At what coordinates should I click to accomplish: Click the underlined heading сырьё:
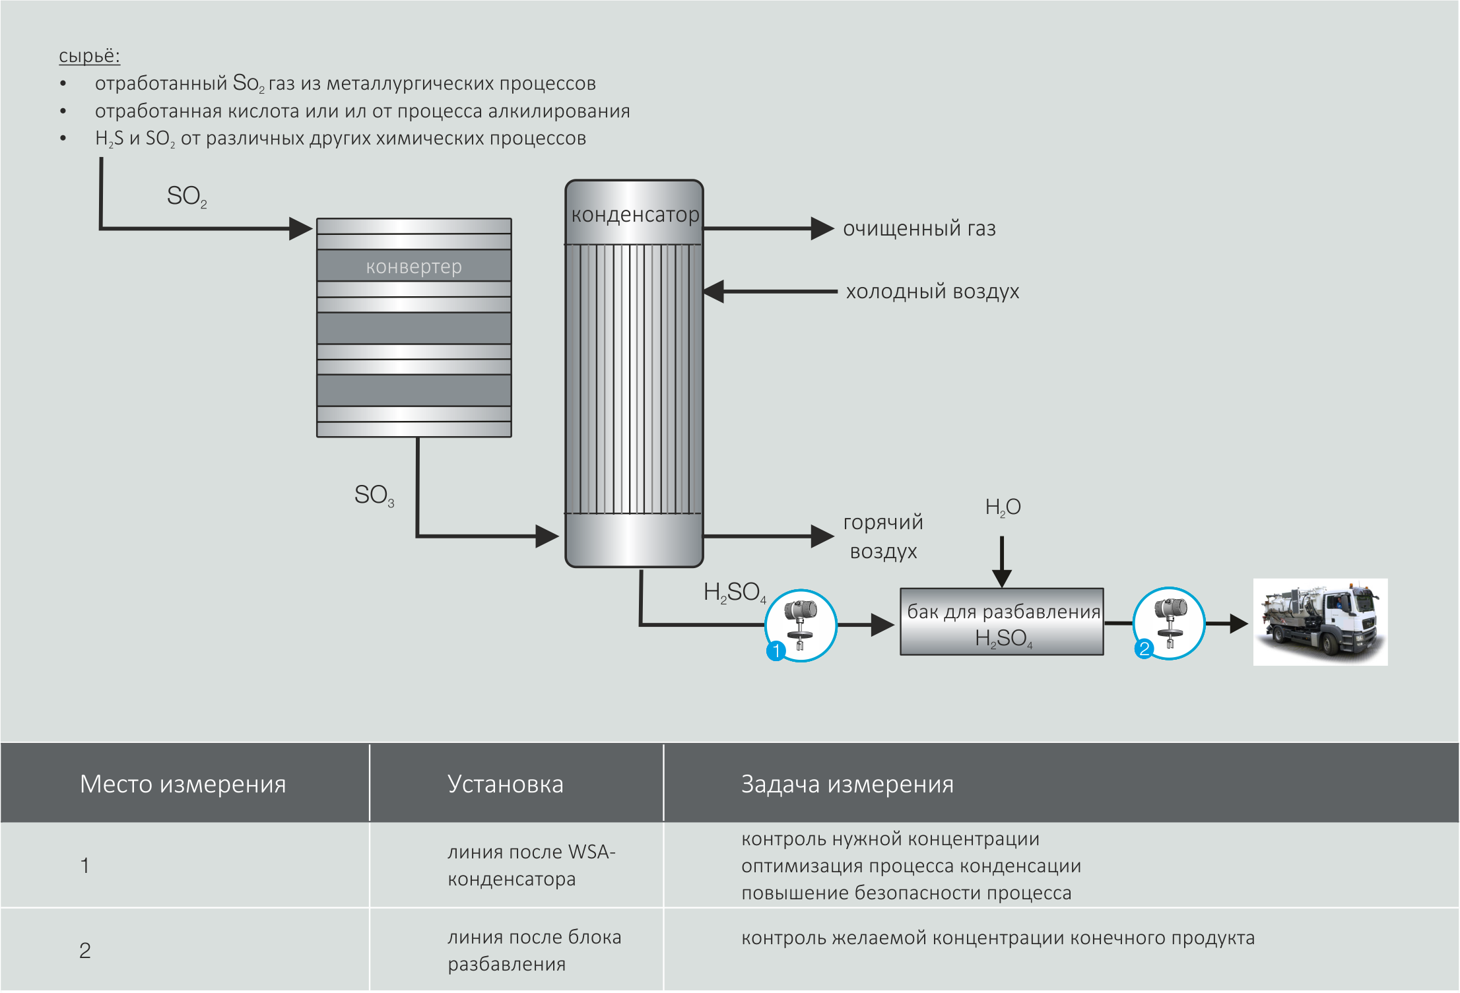89,55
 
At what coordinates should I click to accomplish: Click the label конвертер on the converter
414,267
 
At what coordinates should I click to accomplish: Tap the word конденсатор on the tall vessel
634,214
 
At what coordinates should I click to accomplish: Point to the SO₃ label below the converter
374,495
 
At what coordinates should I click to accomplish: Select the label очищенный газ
919,228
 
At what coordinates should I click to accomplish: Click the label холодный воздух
932,291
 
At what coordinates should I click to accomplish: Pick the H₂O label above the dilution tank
1002,507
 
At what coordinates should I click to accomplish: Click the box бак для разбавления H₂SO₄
1002,622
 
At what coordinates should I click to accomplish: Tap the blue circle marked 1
776,651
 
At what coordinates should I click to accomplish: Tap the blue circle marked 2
1144,649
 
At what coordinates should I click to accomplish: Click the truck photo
1320,622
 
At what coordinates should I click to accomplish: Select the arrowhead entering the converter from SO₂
301,229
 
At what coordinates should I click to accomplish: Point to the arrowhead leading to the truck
1238,624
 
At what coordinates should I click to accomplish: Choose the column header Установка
505,784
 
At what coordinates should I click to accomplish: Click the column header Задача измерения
847,784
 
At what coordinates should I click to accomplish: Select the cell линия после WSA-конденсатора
531,865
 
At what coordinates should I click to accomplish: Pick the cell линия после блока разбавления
534,950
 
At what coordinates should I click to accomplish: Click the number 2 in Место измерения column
85,950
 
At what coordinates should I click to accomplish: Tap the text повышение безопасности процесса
906,893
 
